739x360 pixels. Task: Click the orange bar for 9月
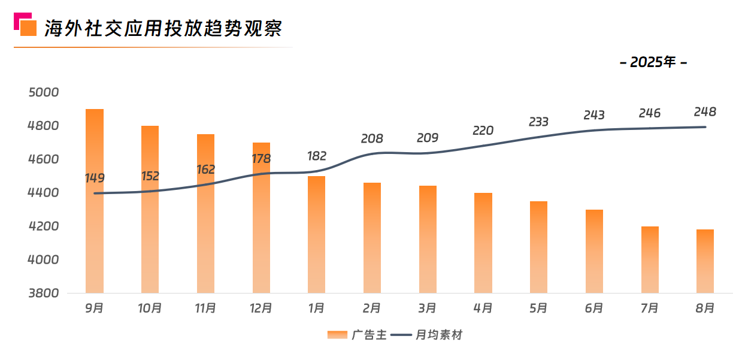pos(95,240)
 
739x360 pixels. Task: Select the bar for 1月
pos(317,240)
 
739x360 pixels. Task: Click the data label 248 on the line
pos(705,112)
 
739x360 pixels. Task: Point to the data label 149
pos(95,178)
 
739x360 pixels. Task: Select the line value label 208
pos(372,139)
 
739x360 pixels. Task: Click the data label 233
pos(538,122)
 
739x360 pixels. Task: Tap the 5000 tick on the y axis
pos(44,92)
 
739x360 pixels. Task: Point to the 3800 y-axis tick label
pos(44,294)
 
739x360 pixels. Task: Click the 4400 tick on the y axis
pos(44,193)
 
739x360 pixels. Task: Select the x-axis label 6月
pos(594,308)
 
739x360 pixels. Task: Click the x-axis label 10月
pos(150,308)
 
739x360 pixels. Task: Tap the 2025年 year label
pos(653,62)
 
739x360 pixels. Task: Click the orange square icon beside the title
pos(28,28)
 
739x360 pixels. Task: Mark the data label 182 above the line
pos(317,156)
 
